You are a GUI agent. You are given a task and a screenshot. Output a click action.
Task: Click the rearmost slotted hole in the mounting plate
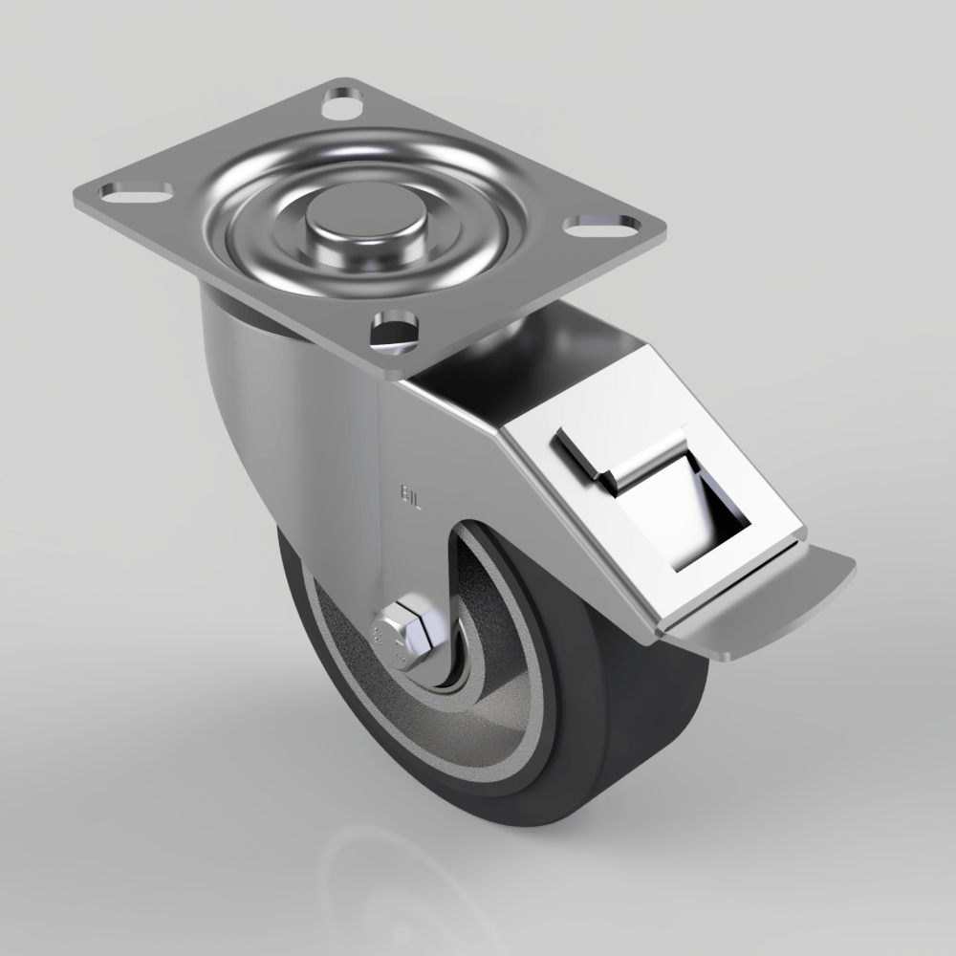point(342,102)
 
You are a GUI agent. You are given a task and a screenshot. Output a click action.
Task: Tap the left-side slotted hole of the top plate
point(136,191)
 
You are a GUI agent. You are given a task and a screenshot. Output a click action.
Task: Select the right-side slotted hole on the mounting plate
point(602,227)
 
